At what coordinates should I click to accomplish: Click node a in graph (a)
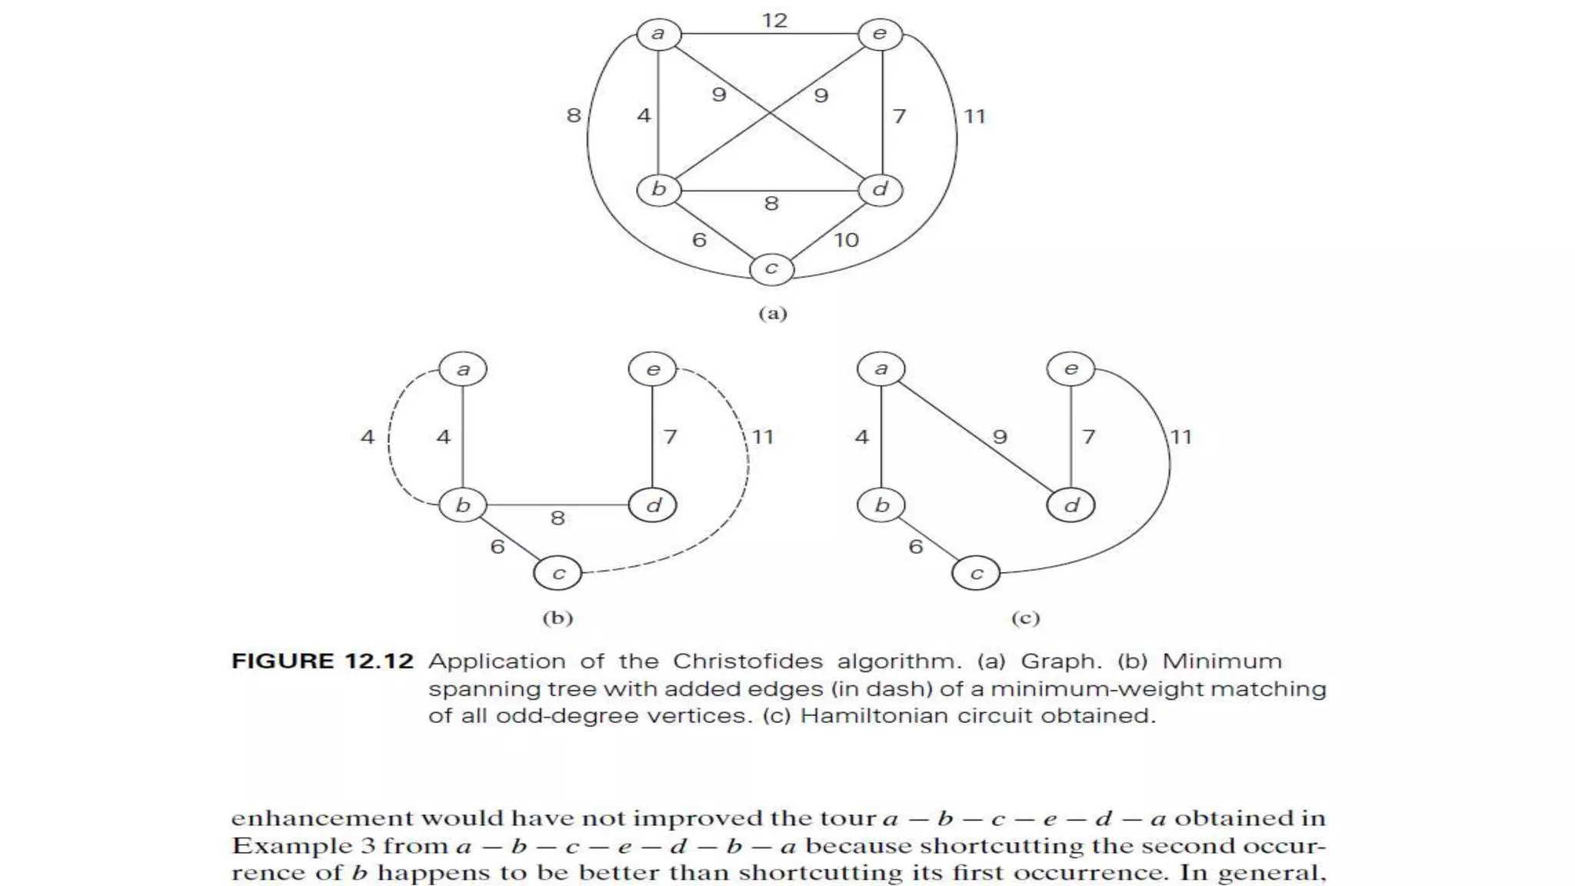pos(658,35)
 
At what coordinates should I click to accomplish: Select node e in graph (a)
pos(880,35)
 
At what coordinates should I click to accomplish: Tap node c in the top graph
pos(771,268)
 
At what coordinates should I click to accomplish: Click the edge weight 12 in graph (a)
pos(774,21)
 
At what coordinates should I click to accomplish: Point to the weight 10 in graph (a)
pos(846,241)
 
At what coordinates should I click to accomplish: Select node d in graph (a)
pos(881,190)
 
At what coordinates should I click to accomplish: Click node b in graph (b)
pos(462,505)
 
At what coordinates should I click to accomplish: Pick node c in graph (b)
pos(558,574)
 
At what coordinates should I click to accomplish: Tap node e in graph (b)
pos(652,370)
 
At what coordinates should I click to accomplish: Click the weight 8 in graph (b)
pos(558,518)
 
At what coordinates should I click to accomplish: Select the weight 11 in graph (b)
pos(762,438)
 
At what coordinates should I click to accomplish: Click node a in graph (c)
pos(881,369)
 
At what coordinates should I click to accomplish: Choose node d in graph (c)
pos(1071,505)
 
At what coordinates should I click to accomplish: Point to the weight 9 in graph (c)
pos(999,437)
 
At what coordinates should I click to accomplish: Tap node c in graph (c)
pos(976,574)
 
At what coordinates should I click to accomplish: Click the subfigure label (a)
pos(773,314)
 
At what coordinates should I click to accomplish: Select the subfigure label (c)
pos(1025,618)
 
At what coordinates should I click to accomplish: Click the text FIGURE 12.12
pos(322,661)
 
